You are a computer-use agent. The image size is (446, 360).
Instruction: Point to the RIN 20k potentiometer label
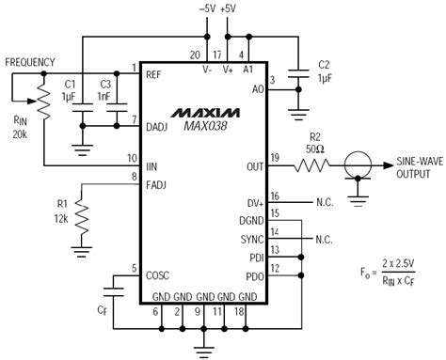21,127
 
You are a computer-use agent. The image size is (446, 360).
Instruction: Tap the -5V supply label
207,8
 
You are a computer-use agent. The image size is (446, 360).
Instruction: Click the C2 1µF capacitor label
323,71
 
